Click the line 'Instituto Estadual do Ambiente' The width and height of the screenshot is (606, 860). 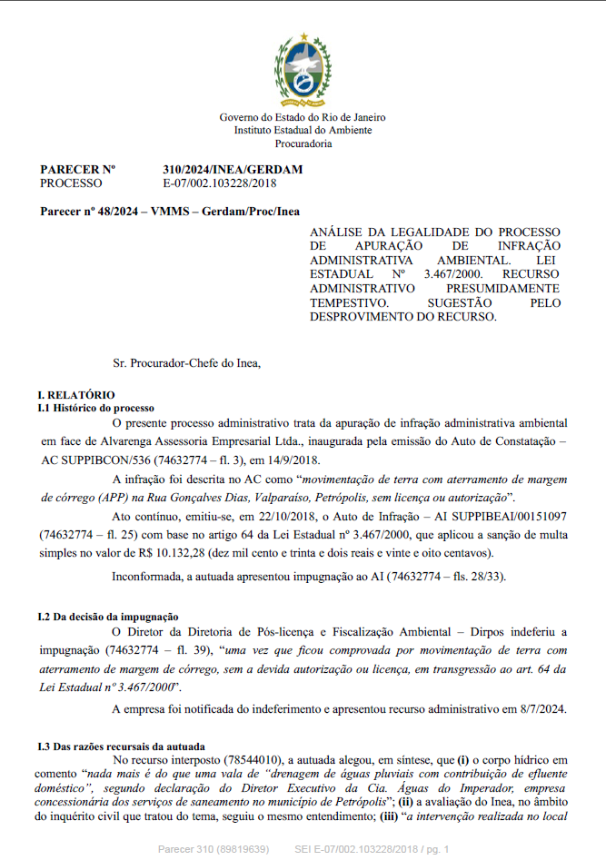click(303, 130)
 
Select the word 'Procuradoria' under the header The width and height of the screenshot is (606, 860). click(303, 143)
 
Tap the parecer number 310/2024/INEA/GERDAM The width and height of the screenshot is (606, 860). click(233, 170)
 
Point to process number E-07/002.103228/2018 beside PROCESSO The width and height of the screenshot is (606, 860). click(219, 183)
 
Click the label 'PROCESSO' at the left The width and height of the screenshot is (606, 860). click(72, 183)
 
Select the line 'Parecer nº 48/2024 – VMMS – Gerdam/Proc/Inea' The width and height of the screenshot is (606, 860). click(170, 211)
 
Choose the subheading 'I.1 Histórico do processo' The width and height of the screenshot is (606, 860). click(96, 408)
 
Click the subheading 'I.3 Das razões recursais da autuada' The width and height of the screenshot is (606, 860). click(120, 746)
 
